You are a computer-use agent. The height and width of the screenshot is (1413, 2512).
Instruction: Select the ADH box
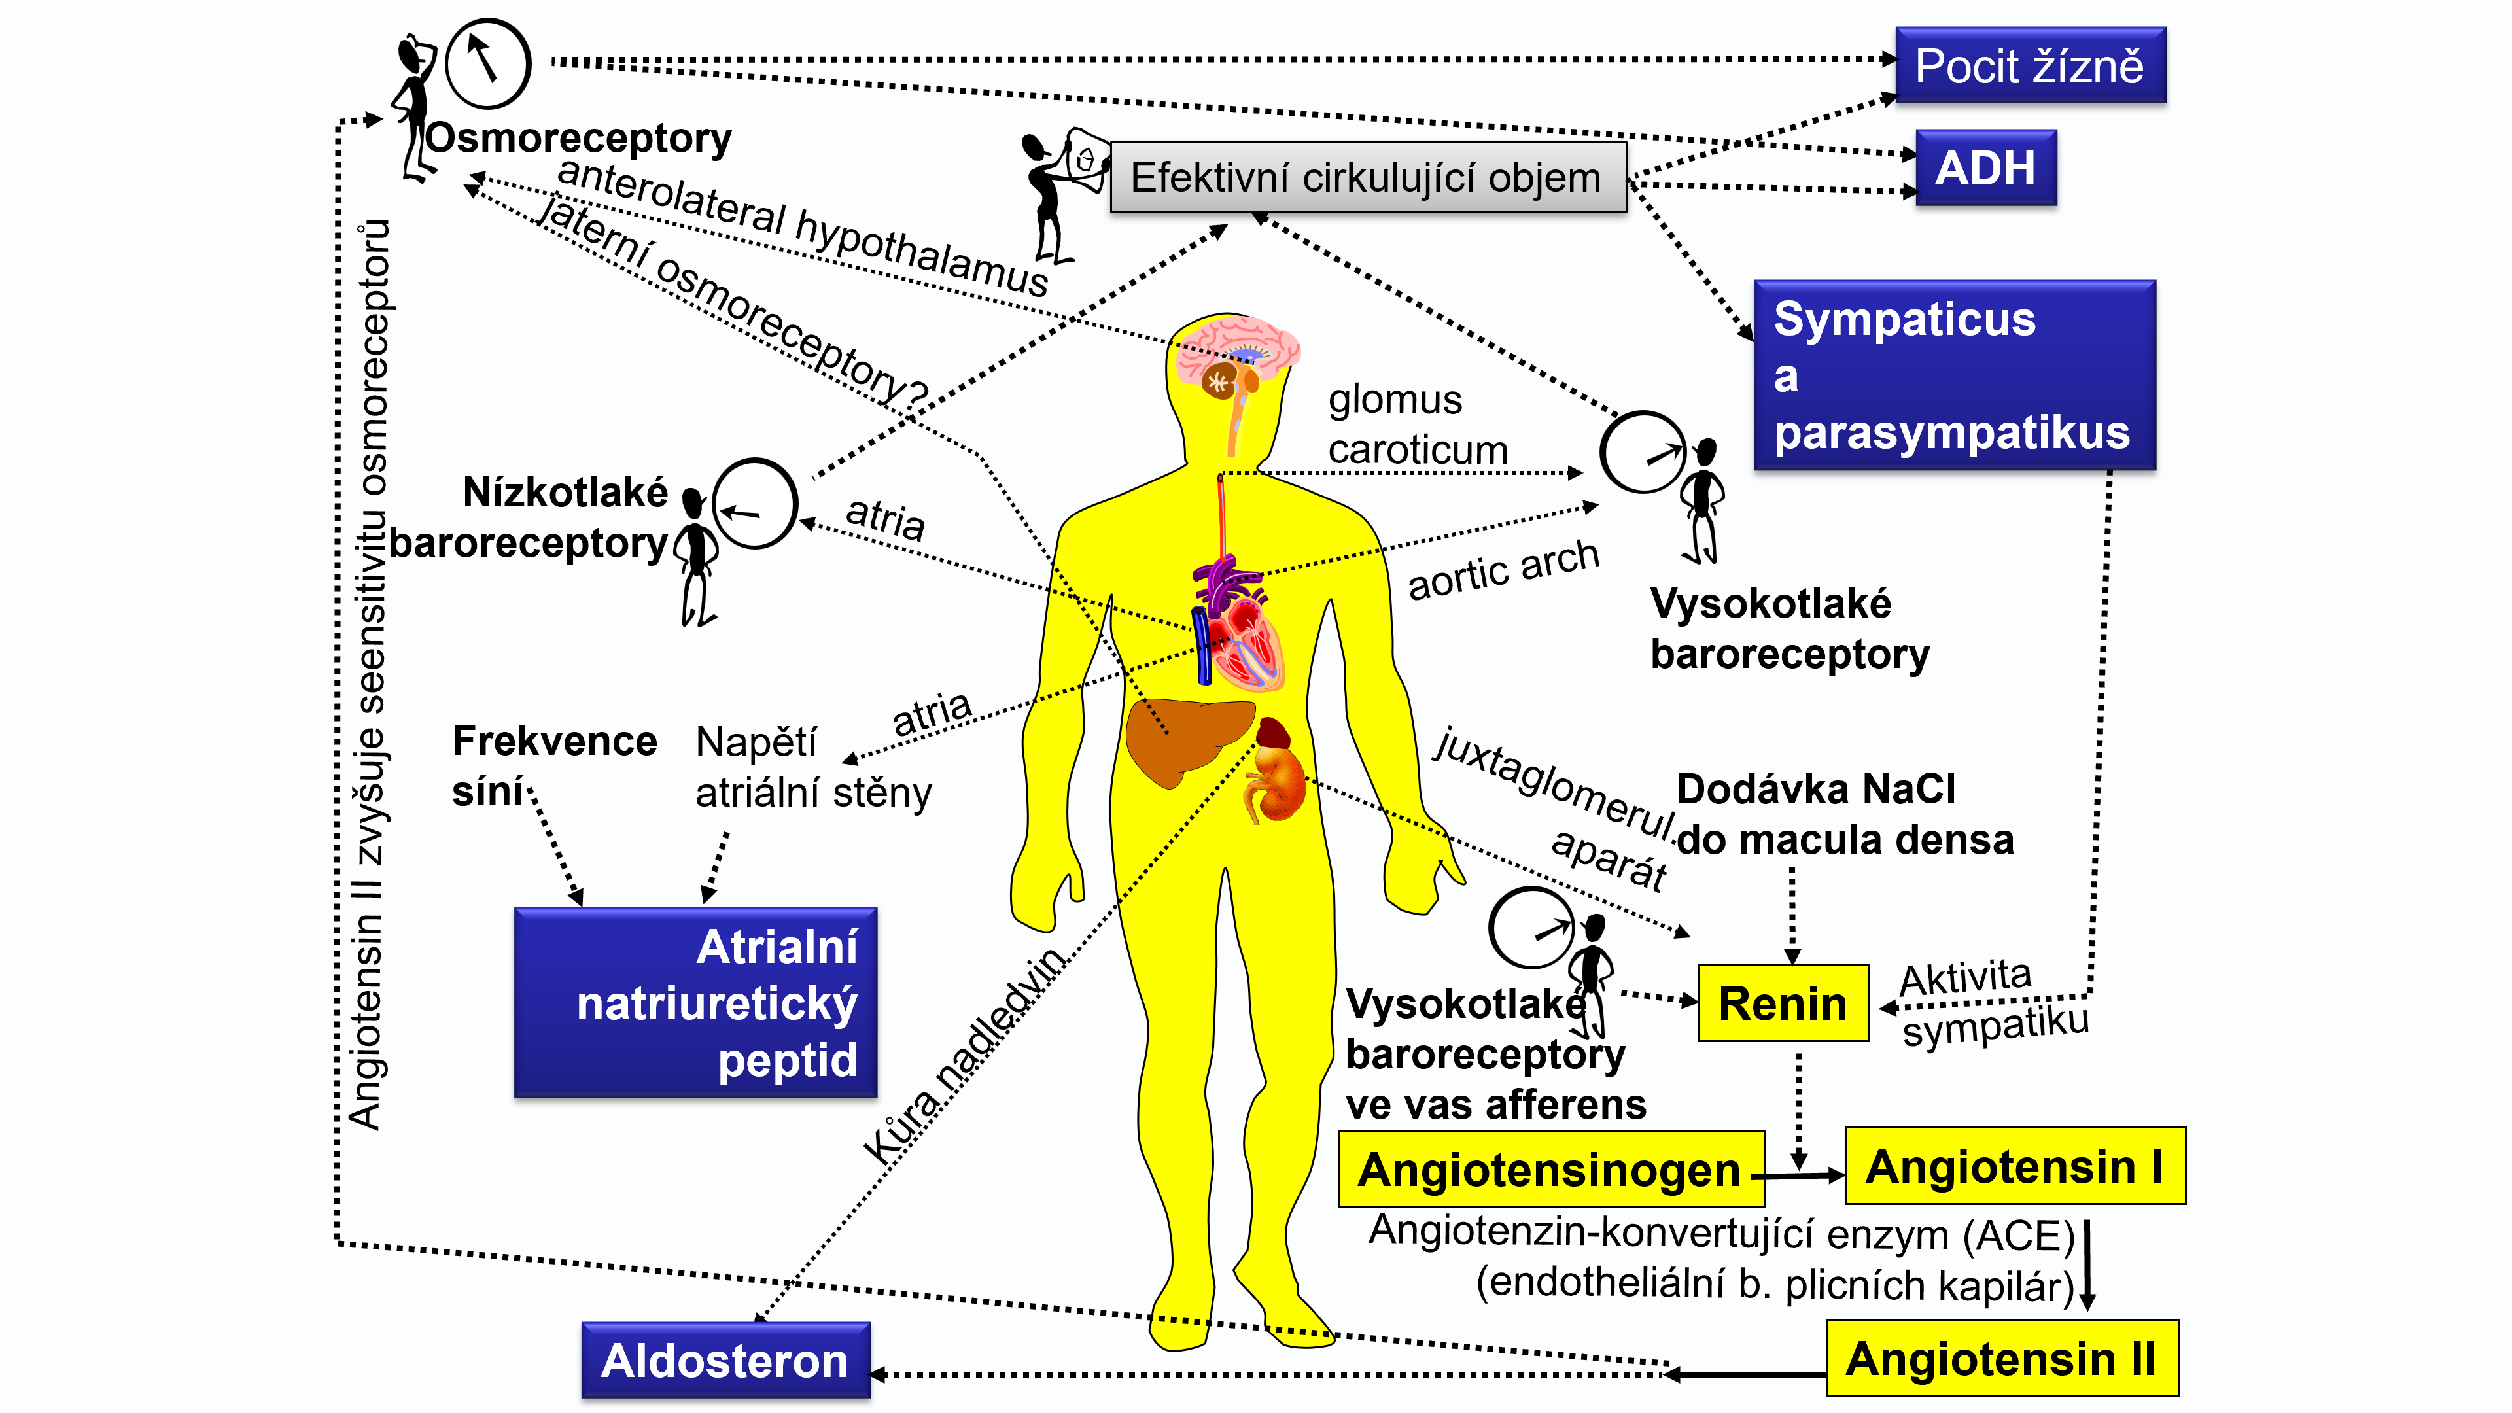(x=1985, y=167)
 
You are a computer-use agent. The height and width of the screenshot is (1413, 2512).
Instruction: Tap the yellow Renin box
(x=1783, y=1002)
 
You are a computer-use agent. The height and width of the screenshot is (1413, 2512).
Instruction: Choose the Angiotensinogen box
(x=1550, y=1169)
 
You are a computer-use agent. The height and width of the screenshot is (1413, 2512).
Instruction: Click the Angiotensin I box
(x=2015, y=1166)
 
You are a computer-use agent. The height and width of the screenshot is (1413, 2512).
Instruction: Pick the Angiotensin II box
(x=2001, y=1359)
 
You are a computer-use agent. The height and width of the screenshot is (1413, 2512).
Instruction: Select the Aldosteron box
(x=725, y=1361)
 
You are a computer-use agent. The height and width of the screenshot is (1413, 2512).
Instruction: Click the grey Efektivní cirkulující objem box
(x=1367, y=177)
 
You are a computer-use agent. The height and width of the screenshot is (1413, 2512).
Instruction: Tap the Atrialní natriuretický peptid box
(x=695, y=1002)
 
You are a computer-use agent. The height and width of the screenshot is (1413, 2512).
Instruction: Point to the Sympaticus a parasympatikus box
(x=1954, y=375)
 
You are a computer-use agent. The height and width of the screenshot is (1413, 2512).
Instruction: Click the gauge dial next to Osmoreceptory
(x=487, y=63)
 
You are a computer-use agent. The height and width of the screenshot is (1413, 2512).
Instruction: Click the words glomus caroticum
(x=1417, y=425)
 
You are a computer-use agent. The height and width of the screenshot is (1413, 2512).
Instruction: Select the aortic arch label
(x=1503, y=570)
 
